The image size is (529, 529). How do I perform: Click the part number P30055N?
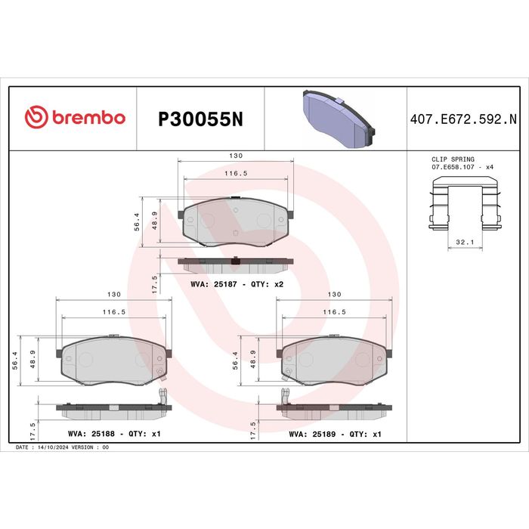[x=200, y=119]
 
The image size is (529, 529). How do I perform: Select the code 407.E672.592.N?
[x=462, y=119]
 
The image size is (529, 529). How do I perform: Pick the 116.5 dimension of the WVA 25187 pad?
[x=236, y=174]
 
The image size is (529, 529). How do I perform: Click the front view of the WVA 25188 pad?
[x=113, y=360]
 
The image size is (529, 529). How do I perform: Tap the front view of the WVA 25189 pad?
[x=333, y=360]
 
